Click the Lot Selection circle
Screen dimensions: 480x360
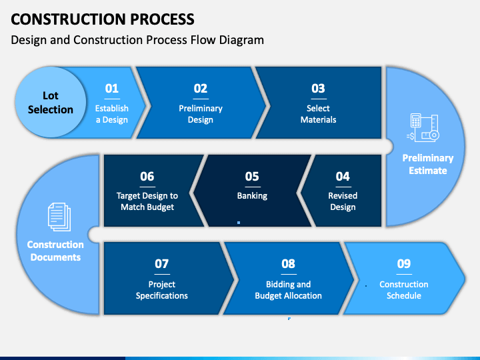pyautogui.click(x=51, y=102)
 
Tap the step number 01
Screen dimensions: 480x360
pyautogui.click(x=112, y=89)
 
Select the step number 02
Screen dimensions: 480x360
pyautogui.click(x=201, y=89)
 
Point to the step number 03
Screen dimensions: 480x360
pyautogui.click(x=319, y=89)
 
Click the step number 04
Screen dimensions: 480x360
pyautogui.click(x=343, y=176)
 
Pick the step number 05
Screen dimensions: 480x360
pyautogui.click(x=252, y=176)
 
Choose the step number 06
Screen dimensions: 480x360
pyautogui.click(x=147, y=176)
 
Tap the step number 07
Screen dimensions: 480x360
pyautogui.click(x=161, y=263)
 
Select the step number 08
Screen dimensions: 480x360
pyautogui.click(x=289, y=263)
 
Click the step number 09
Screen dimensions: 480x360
pyautogui.click(x=404, y=263)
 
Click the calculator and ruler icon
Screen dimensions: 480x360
pyautogui.click(x=423, y=127)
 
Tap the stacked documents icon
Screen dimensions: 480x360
pyautogui.click(x=59, y=217)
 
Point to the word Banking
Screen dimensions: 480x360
pyautogui.click(x=252, y=195)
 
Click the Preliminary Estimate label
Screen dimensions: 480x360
pyautogui.click(x=428, y=164)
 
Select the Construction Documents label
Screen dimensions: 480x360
pyautogui.click(x=55, y=251)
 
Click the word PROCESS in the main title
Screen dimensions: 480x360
pyautogui.click(x=162, y=19)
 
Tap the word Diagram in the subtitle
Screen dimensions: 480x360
pyautogui.click(x=241, y=40)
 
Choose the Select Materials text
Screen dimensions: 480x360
pyautogui.click(x=319, y=114)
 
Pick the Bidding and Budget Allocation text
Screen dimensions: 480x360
pyautogui.click(x=289, y=290)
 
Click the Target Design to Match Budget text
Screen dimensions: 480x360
pyautogui.click(x=147, y=201)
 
